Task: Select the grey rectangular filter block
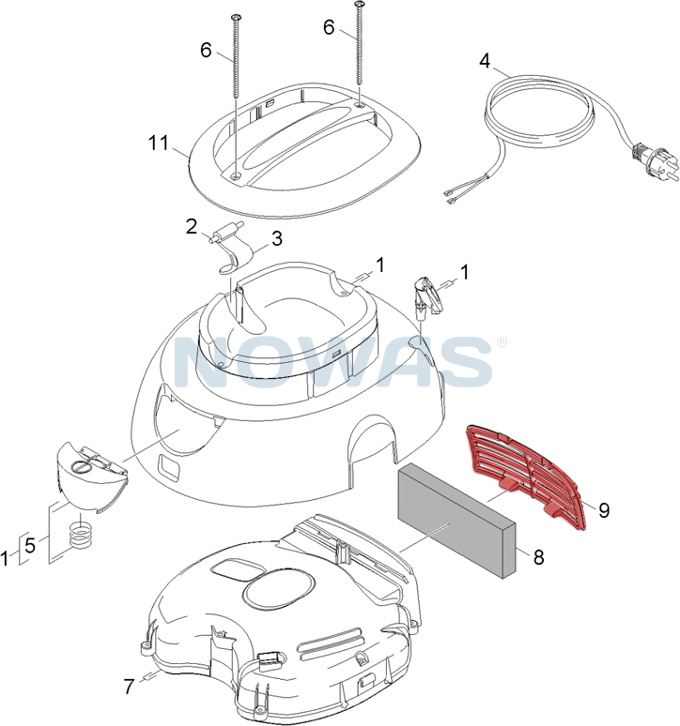click(x=456, y=522)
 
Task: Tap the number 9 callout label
click(x=604, y=510)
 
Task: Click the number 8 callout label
click(x=538, y=557)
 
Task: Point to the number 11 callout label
click(x=159, y=144)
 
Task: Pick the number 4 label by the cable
click(x=485, y=61)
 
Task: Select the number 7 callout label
click(x=130, y=686)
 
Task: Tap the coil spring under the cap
click(x=80, y=534)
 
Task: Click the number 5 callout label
click(x=30, y=545)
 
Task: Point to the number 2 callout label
click(x=192, y=227)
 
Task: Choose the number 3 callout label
click(x=276, y=239)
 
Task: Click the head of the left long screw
click(x=235, y=17)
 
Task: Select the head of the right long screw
click(x=360, y=4)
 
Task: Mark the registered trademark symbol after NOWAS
click(x=502, y=342)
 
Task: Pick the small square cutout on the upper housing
click(x=170, y=468)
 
